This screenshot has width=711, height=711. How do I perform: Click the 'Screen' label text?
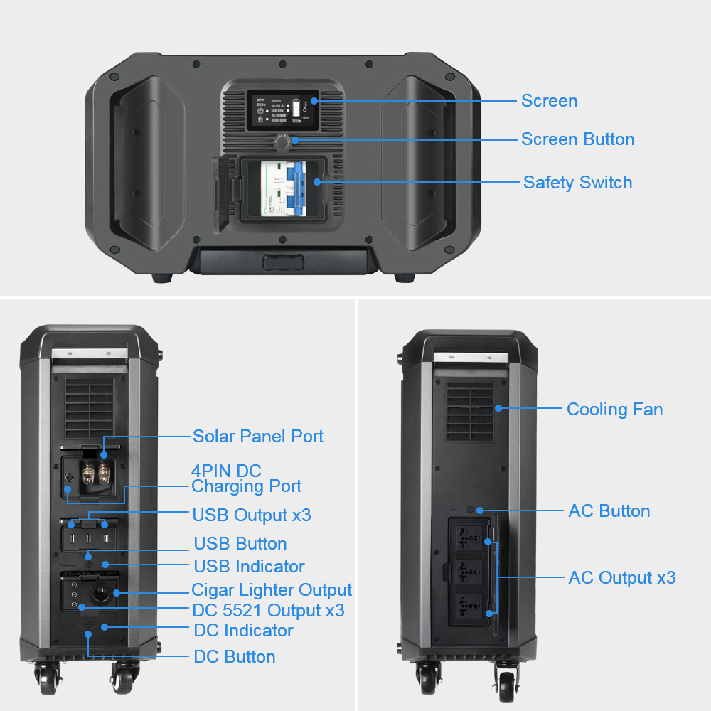(549, 101)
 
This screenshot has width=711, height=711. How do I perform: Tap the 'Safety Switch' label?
(577, 183)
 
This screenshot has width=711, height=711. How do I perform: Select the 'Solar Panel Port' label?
(258, 436)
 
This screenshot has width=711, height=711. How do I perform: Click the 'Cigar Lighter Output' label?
(272, 590)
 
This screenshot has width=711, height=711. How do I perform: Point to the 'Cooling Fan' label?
(614, 410)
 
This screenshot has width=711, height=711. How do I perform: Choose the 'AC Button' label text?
(609, 511)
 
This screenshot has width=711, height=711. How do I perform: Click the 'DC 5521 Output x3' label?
(268, 611)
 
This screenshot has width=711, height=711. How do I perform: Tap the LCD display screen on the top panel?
(282, 110)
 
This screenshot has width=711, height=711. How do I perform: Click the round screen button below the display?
(282, 143)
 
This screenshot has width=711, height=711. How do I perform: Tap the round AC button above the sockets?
(470, 510)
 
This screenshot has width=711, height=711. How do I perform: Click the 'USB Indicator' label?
(249, 567)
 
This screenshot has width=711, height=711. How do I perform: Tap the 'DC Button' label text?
(234, 657)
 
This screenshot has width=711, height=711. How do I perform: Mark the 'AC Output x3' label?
(621, 578)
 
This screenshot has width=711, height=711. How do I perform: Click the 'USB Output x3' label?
(251, 515)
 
